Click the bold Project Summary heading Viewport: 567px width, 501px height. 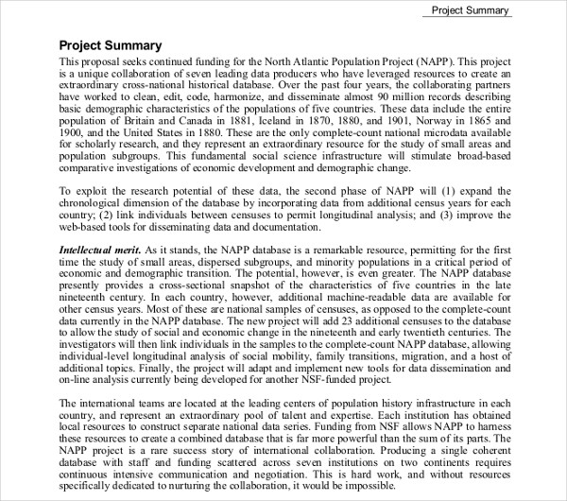pos(111,44)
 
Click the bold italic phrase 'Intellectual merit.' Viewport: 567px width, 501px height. pos(100,250)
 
